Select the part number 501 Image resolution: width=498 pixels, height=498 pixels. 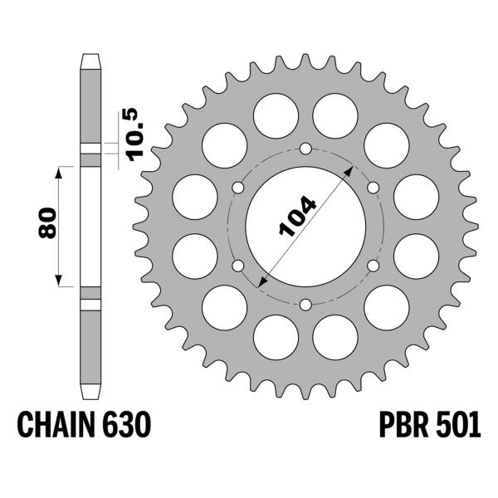click(457, 427)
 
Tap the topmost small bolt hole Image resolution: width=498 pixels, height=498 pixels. click(305, 149)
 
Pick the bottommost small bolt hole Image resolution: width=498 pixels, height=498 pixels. click(305, 303)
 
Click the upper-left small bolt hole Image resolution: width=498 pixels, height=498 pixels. click(239, 188)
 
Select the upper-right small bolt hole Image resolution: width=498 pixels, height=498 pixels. click(373, 188)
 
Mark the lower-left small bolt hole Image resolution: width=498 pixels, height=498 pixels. click(239, 265)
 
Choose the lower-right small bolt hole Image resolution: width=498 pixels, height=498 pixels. click(373, 265)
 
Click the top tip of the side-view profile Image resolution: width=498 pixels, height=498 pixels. click(90, 56)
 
